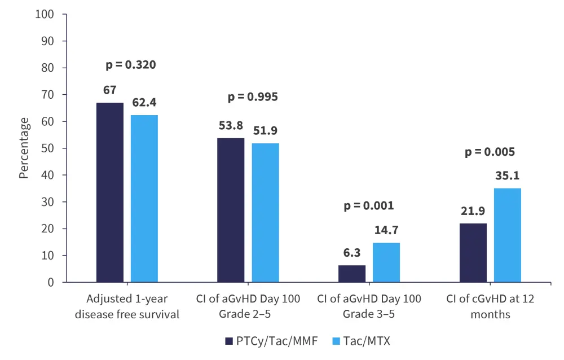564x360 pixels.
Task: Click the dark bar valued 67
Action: click(x=110, y=192)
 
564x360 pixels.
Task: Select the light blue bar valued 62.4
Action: click(x=144, y=199)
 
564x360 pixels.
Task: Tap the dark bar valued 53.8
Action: click(x=231, y=210)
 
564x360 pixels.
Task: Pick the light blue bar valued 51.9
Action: click(x=266, y=213)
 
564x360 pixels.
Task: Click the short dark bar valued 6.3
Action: click(x=352, y=274)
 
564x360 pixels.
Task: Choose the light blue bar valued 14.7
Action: click(x=386, y=262)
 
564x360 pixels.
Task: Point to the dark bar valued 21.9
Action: click(x=473, y=253)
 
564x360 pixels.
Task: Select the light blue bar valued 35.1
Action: click(x=508, y=235)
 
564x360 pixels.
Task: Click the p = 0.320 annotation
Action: click(x=131, y=65)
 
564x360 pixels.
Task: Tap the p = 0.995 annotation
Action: click(x=253, y=97)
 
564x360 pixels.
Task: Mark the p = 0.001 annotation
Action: click(x=369, y=205)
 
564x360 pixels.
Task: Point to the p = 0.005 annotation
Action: click(x=490, y=152)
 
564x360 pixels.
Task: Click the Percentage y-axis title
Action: click(x=24, y=148)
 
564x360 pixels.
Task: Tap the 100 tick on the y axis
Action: click(x=45, y=14)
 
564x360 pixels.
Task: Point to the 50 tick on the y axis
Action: click(x=47, y=148)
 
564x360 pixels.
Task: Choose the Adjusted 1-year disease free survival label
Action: click(x=127, y=306)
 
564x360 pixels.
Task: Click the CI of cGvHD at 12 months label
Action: click(x=490, y=306)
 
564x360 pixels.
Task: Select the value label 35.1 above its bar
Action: click(x=508, y=176)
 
